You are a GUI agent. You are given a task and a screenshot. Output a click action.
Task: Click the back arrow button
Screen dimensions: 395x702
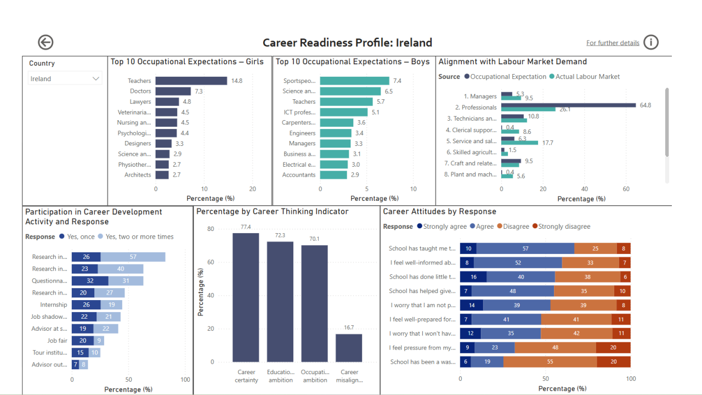click(46, 42)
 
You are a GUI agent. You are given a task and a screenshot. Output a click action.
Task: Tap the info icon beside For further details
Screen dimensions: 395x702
click(651, 42)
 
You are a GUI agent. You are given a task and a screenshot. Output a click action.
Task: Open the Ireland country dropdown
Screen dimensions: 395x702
click(65, 78)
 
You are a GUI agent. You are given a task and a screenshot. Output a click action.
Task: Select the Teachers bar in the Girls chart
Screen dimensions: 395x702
click(191, 81)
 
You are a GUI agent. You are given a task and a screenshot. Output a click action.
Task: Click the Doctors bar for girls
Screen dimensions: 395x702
click(173, 91)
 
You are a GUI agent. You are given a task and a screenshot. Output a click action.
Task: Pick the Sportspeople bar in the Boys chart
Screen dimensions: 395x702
click(354, 81)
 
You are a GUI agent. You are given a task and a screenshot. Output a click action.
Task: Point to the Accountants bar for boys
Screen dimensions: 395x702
click(333, 175)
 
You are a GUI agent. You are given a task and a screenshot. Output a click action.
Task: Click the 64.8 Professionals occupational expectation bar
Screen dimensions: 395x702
click(568, 105)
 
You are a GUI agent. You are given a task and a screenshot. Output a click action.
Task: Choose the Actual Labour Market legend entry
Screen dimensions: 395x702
click(585, 77)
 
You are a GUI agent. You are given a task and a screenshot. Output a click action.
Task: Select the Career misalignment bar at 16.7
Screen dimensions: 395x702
click(349, 348)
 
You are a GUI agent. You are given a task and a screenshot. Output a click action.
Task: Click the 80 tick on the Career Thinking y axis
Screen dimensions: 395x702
click(211, 229)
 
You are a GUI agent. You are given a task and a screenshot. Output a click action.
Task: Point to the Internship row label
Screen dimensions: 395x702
click(54, 305)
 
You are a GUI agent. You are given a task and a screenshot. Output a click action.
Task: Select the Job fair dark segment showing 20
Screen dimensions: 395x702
click(83, 341)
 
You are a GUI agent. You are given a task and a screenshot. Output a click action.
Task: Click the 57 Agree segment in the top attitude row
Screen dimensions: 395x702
click(525, 249)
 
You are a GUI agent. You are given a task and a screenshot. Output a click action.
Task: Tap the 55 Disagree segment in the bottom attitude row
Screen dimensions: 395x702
click(550, 362)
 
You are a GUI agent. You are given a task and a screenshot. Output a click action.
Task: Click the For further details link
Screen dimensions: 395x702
click(613, 43)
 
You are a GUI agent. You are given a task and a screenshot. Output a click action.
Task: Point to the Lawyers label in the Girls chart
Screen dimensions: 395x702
click(140, 102)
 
